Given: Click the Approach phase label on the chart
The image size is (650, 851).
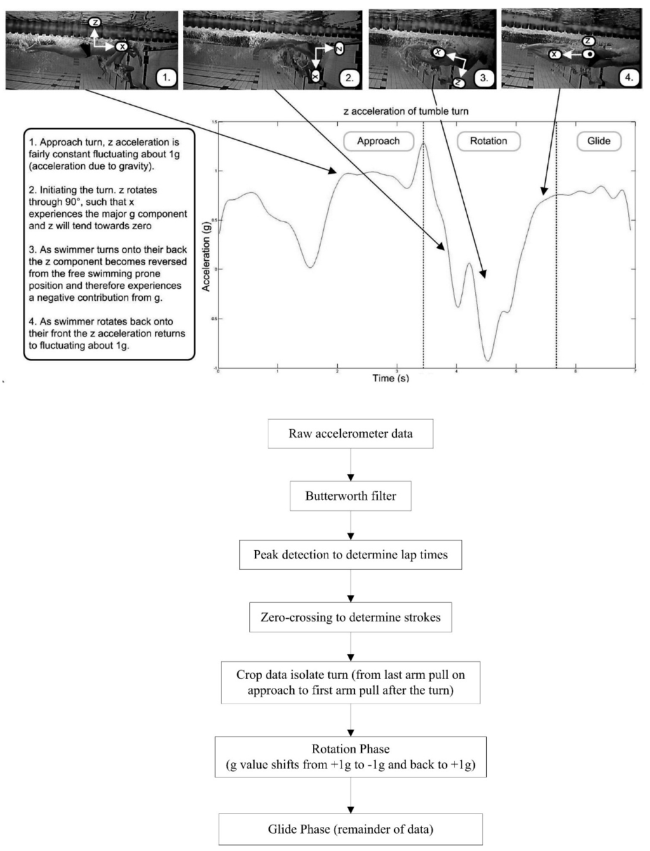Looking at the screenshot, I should (x=378, y=141).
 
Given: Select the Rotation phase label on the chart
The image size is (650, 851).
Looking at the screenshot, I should (x=488, y=141).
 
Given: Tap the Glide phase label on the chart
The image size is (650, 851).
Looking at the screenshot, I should (x=599, y=141).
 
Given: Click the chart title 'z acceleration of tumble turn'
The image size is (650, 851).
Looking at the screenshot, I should (x=406, y=111).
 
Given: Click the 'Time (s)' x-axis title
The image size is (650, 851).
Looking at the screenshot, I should (x=390, y=378).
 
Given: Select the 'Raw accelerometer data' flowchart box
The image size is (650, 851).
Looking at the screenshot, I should (x=350, y=434).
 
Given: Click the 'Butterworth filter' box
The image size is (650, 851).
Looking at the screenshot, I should (x=350, y=496).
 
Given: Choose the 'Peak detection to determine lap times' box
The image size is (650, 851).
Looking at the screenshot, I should (x=350, y=555).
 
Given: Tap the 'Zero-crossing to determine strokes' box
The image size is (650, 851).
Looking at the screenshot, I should (x=350, y=617).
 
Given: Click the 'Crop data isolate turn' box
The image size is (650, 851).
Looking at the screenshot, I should (x=350, y=682).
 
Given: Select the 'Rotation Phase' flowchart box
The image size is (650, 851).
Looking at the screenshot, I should (x=350, y=756).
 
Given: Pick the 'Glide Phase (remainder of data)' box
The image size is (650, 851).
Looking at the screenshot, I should (x=350, y=829).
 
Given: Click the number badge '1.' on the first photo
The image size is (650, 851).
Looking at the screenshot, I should (x=166, y=78).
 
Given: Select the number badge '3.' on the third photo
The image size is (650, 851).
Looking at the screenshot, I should (x=484, y=78).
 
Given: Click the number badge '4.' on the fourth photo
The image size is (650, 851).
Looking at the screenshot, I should (x=628, y=78).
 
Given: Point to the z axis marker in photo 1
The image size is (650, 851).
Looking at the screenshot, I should (x=95, y=23).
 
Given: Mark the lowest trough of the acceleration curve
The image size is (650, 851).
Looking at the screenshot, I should (x=487, y=360).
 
